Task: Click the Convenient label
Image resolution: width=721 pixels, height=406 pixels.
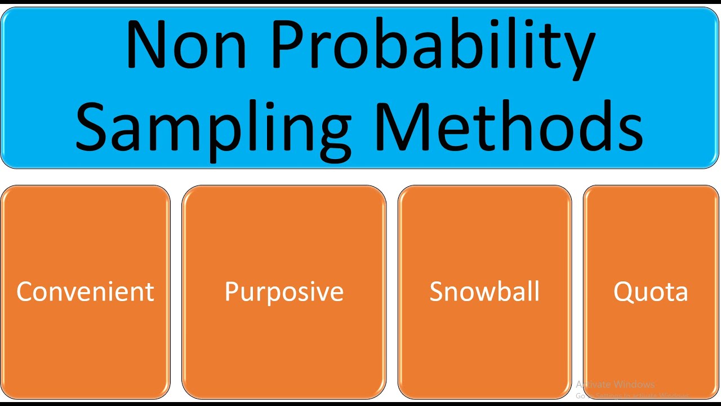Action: tap(85, 292)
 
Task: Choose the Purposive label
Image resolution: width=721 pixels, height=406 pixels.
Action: tap(284, 292)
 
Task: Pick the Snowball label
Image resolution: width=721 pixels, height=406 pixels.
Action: tap(484, 292)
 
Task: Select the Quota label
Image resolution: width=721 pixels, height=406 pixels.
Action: tap(651, 292)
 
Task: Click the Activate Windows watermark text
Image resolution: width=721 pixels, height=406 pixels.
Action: tap(615, 385)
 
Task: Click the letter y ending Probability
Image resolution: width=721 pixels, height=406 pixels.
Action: tap(577, 54)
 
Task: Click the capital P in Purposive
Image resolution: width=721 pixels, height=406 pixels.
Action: tap(232, 292)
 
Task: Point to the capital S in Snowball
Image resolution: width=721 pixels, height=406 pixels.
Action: tap(437, 292)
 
